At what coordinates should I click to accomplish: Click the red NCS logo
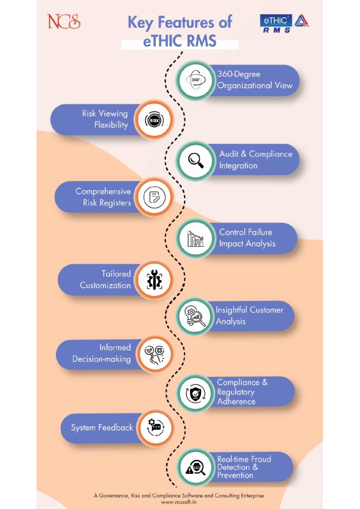click(63, 21)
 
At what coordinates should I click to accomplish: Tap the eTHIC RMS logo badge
click(284, 23)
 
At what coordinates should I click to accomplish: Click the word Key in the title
click(140, 22)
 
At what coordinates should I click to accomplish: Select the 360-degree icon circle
click(195, 80)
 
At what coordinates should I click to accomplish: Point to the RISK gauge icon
click(154, 120)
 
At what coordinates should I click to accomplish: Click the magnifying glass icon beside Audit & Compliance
click(196, 160)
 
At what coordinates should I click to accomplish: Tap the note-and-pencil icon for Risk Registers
click(154, 197)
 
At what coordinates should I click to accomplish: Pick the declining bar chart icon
click(195, 238)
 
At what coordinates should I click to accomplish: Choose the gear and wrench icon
click(154, 279)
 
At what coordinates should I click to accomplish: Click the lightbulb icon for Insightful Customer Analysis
click(195, 316)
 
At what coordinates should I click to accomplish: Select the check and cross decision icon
click(154, 354)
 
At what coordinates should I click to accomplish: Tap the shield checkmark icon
click(195, 394)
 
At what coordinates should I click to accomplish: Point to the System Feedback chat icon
click(155, 427)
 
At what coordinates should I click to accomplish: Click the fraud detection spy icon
click(195, 467)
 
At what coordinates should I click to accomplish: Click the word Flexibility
click(111, 125)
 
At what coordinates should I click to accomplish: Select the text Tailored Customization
click(105, 279)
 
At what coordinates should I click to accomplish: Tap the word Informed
click(115, 347)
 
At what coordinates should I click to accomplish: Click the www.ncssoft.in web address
click(179, 502)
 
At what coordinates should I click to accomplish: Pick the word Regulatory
click(235, 392)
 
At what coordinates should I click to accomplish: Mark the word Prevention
click(235, 475)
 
